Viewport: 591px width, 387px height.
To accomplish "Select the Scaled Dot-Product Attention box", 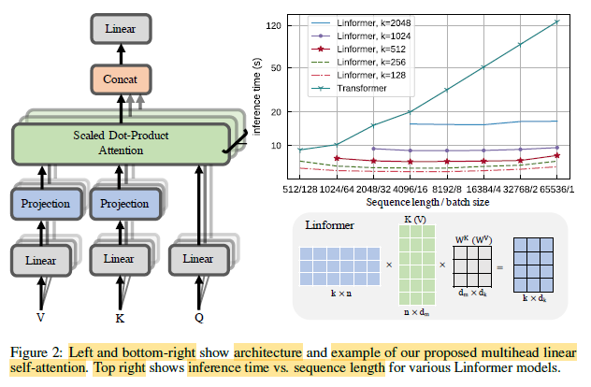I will coord(113,141).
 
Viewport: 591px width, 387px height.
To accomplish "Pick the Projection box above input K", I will coord(119,203).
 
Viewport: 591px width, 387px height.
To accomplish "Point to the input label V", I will coord(39,318).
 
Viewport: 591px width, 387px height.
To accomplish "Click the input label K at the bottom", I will coord(120,318).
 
